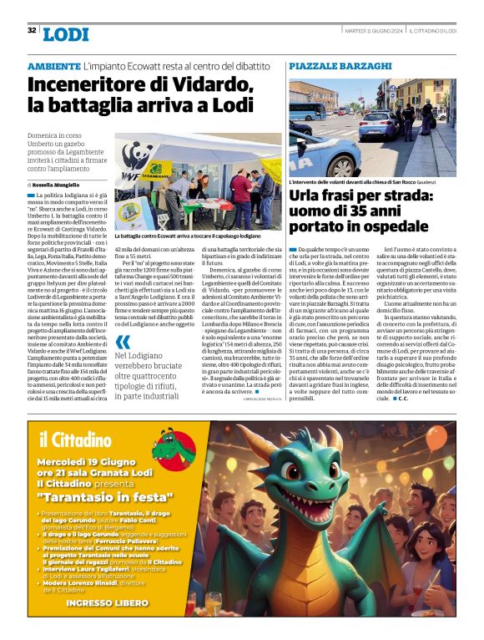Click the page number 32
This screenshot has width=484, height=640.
(x=32, y=30)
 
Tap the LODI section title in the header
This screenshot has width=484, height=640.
(x=66, y=35)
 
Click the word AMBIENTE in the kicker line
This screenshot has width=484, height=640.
(x=53, y=65)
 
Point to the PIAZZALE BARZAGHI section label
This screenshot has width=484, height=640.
(x=340, y=65)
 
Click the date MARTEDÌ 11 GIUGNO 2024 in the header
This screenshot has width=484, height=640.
(x=374, y=30)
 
